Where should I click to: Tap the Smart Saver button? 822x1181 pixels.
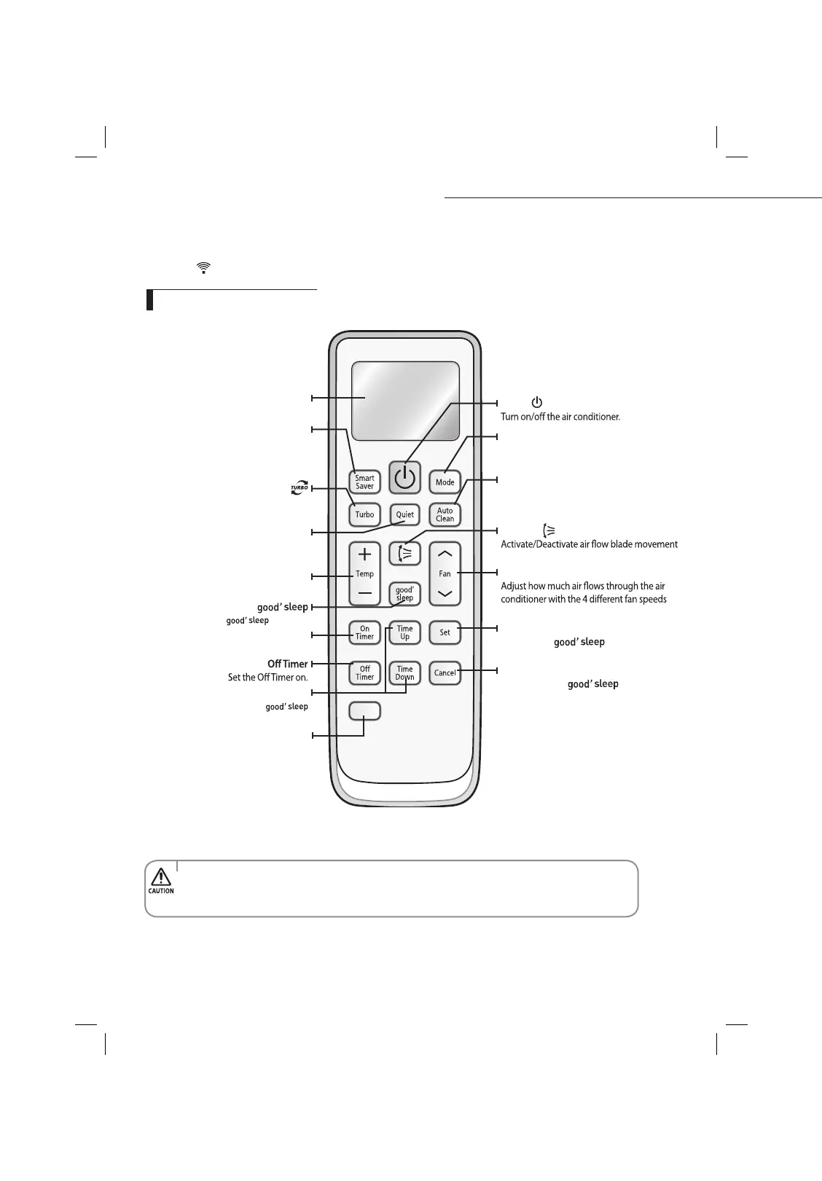click(x=364, y=482)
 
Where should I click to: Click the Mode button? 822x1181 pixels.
click(x=445, y=482)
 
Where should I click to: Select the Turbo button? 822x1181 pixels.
click(x=364, y=514)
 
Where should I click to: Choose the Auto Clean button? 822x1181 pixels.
click(x=445, y=514)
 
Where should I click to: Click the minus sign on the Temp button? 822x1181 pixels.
click(x=364, y=593)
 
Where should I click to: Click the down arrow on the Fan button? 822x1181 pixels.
click(x=445, y=594)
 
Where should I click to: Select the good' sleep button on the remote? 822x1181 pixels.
click(x=404, y=594)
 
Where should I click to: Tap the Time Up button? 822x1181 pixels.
click(x=404, y=632)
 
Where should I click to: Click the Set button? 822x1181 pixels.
click(x=445, y=632)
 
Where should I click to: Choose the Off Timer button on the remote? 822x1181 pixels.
click(x=364, y=672)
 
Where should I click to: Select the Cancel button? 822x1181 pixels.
click(x=445, y=672)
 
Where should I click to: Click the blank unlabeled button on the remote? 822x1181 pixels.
click(x=364, y=711)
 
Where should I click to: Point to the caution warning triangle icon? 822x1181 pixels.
click(x=161, y=876)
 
